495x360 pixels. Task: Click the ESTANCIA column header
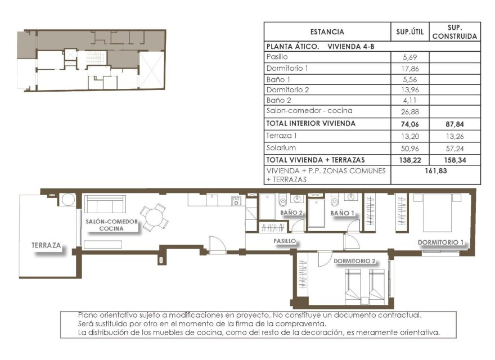pos(327,32)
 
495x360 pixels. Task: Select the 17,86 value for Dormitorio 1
pos(409,68)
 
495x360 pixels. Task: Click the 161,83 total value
pos(435,171)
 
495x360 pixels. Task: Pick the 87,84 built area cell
pos(454,124)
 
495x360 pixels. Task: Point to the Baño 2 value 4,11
pos(409,100)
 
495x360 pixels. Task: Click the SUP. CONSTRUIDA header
pos(454,32)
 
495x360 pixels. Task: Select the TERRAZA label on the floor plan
pos(47,246)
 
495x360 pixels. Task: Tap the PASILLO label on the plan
pos(285,241)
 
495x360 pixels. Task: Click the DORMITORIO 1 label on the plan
pos(440,242)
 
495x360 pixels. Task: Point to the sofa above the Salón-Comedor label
pos(105,205)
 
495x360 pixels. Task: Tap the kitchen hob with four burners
pos(236,200)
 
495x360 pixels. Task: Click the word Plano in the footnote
pos(88,316)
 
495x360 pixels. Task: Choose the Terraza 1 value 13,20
pos(409,136)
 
